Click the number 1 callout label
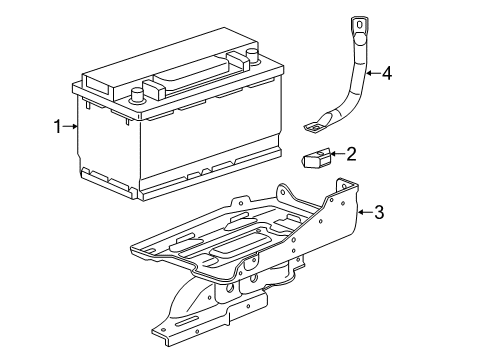(58, 126)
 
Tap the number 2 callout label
(350, 153)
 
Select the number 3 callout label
(379, 211)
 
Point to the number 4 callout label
(386, 72)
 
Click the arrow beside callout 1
(70, 126)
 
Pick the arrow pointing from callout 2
(338, 154)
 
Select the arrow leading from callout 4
(372, 72)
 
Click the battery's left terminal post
(136, 96)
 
